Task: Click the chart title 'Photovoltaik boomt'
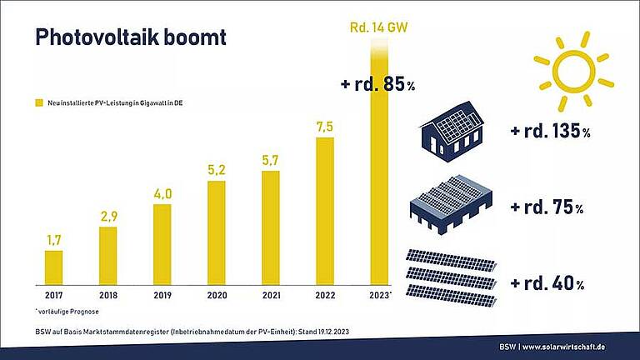pos(129,37)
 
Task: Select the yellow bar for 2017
pos(54,267)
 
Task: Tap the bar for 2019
pos(162,243)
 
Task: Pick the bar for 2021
pos(270,227)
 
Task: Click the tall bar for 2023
pos(378,167)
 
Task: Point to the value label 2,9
pos(108,216)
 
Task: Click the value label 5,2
pos(217,170)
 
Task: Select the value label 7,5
pos(324,126)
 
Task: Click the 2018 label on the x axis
pos(108,294)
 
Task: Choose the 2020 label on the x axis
pos(217,294)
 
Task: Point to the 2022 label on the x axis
pos(324,294)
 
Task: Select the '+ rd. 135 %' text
pos(549,132)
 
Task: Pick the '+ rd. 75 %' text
pos(546,207)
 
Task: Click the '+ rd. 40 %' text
pos(546,283)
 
